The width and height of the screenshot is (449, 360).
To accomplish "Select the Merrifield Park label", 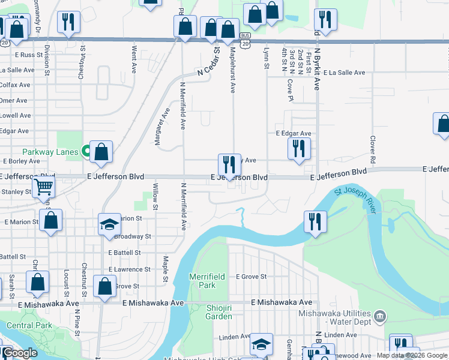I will coord(207,281).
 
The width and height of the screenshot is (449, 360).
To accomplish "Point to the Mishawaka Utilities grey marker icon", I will coord(379,316).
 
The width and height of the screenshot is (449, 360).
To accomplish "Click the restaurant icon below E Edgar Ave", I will coord(299,148).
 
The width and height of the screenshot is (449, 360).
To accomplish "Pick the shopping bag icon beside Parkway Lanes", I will coord(101,152).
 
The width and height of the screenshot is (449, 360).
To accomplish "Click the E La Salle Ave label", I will coord(344,73).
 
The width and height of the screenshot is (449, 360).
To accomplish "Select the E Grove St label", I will coord(250,277).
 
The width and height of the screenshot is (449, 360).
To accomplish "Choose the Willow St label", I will coord(155,196).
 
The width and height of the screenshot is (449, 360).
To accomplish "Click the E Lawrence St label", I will coord(125,269).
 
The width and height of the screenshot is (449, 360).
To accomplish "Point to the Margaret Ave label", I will coord(166,124).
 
